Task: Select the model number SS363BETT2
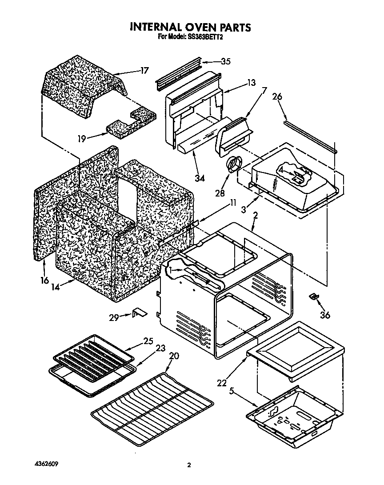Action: [x=203, y=38]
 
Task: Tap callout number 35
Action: [x=225, y=62]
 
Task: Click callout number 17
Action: [x=144, y=70]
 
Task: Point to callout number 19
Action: [x=81, y=139]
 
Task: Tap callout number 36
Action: [x=325, y=315]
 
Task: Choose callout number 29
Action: [x=114, y=317]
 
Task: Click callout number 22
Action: [x=221, y=382]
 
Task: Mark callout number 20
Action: [x=174, y=356]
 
